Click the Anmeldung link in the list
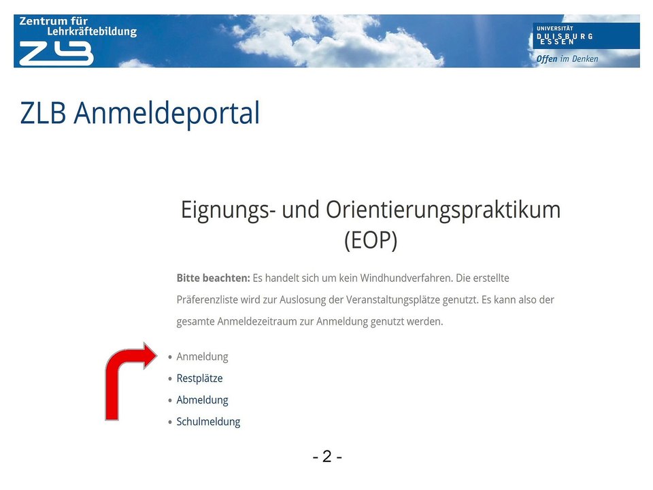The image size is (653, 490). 202,357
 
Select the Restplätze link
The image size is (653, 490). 199,378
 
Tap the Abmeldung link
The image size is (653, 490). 202,400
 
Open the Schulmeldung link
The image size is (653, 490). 208,422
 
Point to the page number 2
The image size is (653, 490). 327,457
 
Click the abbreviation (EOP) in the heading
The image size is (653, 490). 371,241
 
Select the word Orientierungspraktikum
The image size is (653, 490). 443,210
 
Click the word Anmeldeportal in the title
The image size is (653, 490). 167,113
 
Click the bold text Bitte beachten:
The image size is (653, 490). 213,278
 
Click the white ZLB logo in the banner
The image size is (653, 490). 56,52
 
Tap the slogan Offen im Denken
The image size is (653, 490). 567,59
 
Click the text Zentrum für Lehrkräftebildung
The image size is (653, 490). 78,27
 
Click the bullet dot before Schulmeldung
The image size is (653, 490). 170,423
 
